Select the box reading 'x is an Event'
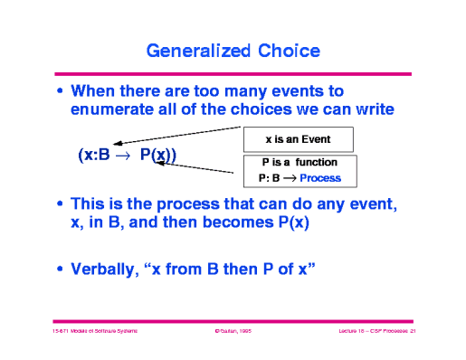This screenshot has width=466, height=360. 298,139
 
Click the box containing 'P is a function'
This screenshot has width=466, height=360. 298,169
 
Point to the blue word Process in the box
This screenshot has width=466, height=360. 320,177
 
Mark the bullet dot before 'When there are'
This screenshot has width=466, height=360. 61,91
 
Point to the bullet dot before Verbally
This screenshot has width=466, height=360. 61,269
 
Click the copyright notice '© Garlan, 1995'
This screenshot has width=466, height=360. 232,333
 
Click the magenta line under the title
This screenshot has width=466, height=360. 233,72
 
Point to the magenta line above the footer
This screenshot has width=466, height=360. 233,320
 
